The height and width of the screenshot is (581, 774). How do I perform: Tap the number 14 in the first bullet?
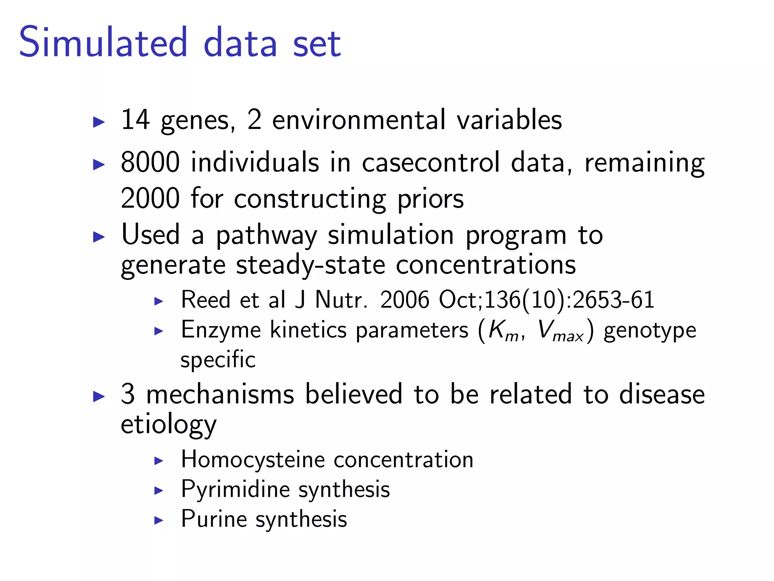pos(135,120)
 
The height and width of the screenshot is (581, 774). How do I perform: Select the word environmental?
pos(359,120)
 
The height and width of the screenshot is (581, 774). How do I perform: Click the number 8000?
pos(150,162)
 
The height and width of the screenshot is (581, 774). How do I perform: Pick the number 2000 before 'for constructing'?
pos(150,198)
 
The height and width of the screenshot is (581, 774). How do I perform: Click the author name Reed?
pos(206,300)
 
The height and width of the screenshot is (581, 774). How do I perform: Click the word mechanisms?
pos(220,394)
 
